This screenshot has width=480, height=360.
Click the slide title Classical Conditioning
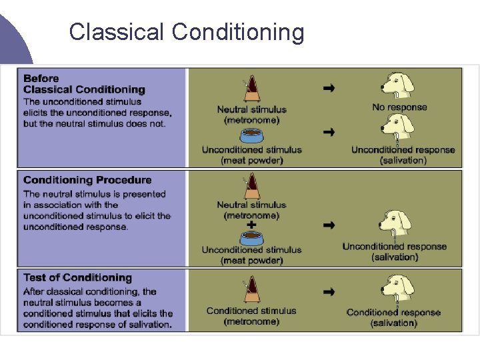[x=187, y=31]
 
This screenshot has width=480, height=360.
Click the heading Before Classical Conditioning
[x=84, y=84]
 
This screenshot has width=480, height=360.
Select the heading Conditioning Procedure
[x=87, y=180]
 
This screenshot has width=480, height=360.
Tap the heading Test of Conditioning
[x=77, y=277]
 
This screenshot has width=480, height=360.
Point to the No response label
[x=399, y=107]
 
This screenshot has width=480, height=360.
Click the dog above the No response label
[x=398, y=85]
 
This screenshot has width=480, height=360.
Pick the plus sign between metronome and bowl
[x=251, y=225]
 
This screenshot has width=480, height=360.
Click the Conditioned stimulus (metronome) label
[x=251, y=316]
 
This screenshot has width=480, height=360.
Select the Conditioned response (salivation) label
[x=393, y=317]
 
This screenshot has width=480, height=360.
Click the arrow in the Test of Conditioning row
[x=329, y=291]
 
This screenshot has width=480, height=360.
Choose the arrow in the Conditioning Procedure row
[x=329, y=225]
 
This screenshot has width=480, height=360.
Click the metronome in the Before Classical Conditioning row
[x=251, y=89]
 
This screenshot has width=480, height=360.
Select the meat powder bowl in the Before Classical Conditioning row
[x=251, y=137]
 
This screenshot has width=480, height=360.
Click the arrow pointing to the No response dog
[x=329, y=87]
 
